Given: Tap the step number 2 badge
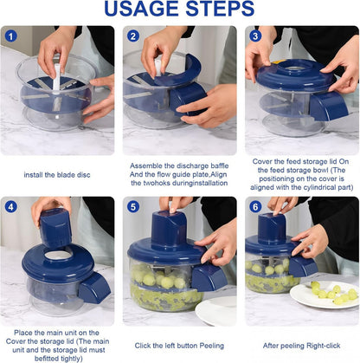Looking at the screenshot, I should click(x=132, y=36).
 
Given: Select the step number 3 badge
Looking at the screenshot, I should click(x=256, y=36).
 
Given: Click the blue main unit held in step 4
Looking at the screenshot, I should click(x=56, y=227).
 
